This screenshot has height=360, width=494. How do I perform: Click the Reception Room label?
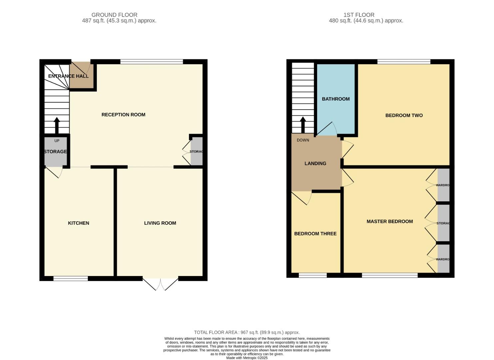click(123, 115)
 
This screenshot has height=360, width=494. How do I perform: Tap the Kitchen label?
click(79, 223)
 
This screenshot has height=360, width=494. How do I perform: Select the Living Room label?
click(160, 223)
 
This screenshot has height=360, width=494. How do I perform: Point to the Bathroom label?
click(335, 99)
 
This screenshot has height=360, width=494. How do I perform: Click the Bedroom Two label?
click(404, 115)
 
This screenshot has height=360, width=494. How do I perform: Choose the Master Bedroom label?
click(389, 221)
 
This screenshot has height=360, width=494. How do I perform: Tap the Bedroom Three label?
click(315, 234)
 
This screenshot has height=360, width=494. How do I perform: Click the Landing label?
click(315, 163)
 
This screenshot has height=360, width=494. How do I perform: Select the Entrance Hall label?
click(68, 76)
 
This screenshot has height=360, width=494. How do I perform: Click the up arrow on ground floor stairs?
click(57, 125)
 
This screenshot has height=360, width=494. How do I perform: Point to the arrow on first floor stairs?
click(303, 125)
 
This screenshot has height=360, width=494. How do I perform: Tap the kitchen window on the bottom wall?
click(71, 278)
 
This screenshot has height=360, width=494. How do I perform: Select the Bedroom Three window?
click(312, 275)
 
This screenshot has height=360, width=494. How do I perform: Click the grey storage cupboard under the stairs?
click(55, 152)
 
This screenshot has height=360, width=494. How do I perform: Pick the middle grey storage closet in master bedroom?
click(443, 223)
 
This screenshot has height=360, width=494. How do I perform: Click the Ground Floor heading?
click(114, 15)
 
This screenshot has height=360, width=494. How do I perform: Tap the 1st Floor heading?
click(359, 15)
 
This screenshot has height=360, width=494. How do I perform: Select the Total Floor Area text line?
click(247, 332)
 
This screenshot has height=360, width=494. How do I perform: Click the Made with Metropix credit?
click(247, 358)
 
